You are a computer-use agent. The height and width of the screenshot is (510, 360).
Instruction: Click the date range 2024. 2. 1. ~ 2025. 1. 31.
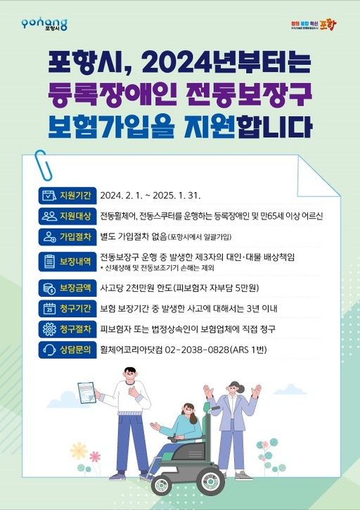(x=150, y=195)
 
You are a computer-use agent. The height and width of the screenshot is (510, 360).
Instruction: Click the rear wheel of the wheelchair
(x=163, y=483)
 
